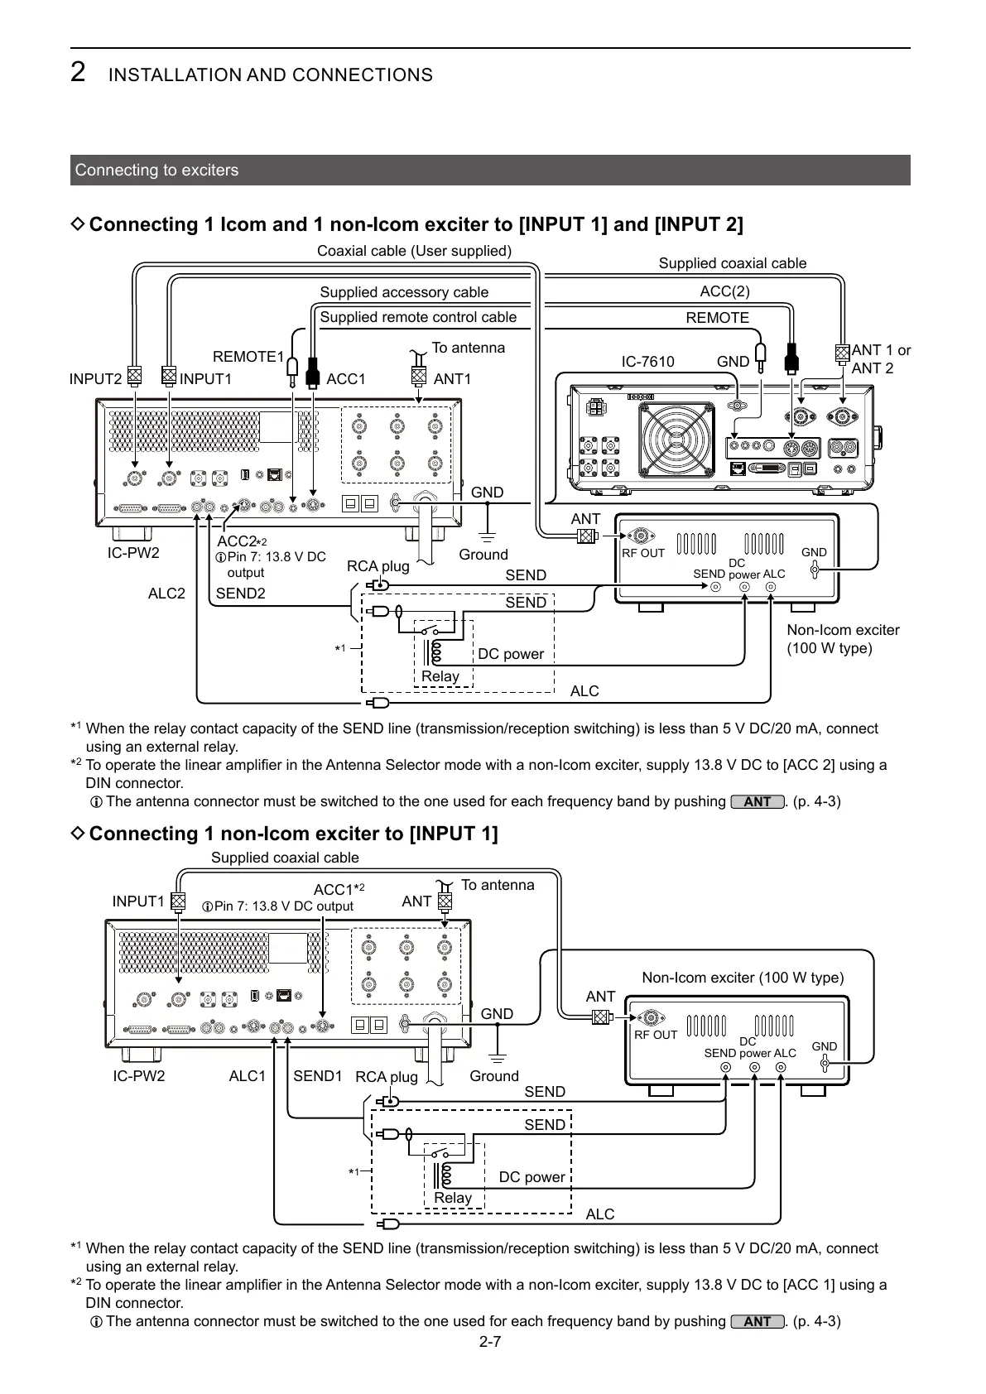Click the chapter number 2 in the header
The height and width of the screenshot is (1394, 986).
click(78, 73)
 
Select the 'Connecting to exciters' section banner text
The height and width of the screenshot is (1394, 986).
click(156, 171)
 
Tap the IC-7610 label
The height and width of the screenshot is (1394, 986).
click(647, 362)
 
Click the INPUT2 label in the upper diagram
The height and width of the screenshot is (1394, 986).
click(95, 379)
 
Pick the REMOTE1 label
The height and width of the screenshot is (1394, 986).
click(248, 357)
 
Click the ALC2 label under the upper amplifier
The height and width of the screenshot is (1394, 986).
click(166, 594)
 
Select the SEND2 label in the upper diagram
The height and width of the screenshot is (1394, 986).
click(241, 594)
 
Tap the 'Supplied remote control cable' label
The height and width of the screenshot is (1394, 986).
click(418, 318)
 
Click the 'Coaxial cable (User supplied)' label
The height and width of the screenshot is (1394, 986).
click(414, 251)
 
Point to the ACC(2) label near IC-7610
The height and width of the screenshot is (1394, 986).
click(724, 291)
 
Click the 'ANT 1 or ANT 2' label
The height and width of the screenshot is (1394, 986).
click(881, 359)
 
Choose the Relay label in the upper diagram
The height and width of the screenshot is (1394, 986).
click(440, 676)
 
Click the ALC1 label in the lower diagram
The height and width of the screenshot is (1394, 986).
click(247, 1076)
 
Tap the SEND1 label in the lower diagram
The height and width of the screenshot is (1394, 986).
click(318, 1076)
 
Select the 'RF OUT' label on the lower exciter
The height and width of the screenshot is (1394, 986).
click(656, 1035)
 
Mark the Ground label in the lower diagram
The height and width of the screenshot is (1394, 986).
click(494, 1076)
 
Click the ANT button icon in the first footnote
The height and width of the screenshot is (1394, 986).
click(758, 802)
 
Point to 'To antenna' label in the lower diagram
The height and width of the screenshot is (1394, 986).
click(498, 885)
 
